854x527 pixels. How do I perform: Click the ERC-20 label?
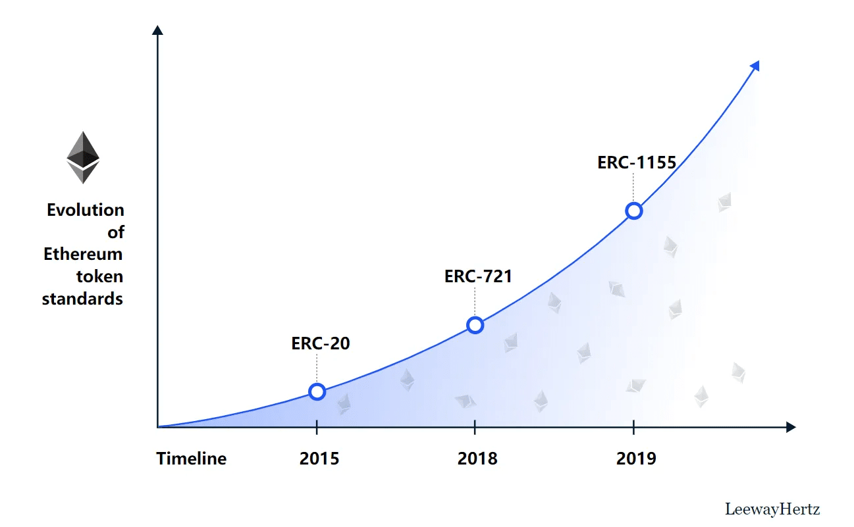[321, 343]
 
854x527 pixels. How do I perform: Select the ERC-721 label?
[478, 276]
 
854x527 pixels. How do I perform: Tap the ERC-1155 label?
[637, 163]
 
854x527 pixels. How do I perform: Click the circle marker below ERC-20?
[317, 392]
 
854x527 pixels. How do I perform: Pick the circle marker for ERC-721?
[475, 325]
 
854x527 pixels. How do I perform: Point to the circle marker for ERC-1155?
[633, 211]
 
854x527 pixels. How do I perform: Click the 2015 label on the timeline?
[319, 459]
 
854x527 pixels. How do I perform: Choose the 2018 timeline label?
[477, 459]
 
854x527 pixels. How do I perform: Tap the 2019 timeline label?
[636, 459]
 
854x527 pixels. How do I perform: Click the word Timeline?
[191, 459]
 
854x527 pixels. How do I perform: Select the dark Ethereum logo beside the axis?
[83, 157]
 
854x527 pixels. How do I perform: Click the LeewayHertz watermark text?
[772, 509]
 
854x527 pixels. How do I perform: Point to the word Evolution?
[86, 210]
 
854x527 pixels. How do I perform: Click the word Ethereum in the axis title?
[84, 254]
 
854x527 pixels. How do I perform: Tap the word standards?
[83, 299]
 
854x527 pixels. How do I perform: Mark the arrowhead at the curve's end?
[755, 66]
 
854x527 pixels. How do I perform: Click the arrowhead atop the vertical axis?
[157, 30]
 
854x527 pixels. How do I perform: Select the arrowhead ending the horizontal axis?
[791, 427]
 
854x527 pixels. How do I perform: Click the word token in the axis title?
[99, 276]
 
